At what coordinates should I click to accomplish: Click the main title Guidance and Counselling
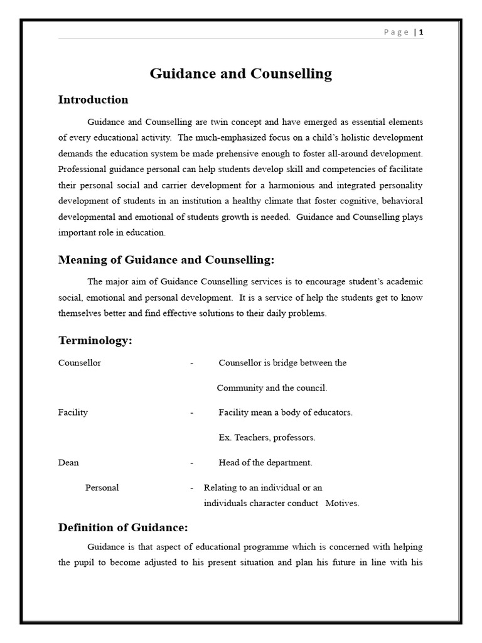(240, 73)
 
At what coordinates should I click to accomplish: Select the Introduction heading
(93, 100)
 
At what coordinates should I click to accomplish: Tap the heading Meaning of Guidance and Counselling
(166, 260)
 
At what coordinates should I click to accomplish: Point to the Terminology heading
(95, 341)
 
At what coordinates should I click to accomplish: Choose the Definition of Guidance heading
(123, 527)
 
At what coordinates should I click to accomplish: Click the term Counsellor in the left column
(80, 363)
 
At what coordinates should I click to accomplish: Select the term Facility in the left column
(73, 413)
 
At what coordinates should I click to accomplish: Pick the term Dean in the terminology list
(68, 463)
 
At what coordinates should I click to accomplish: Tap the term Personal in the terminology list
(102, 488)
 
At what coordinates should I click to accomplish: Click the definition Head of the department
(265, 463)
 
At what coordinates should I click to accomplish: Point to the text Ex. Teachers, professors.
(267, 438)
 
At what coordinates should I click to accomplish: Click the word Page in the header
(396, 32)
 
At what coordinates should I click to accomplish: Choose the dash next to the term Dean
(191, 463)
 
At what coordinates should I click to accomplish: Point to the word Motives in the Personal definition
(342, 504)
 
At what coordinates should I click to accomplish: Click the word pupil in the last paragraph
(88, 563)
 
